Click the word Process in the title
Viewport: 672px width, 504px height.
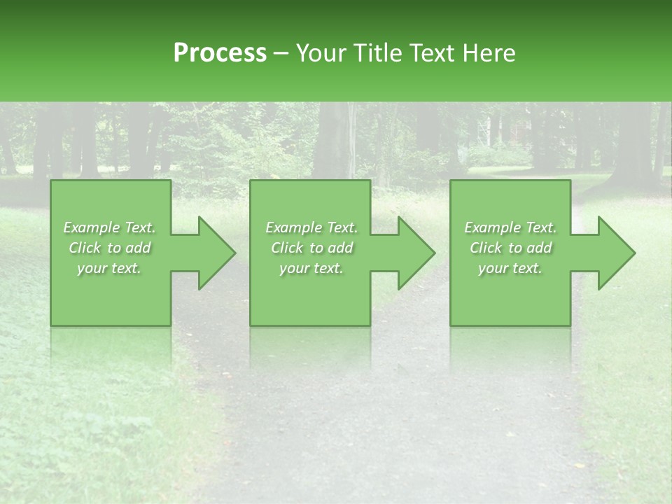coord(220,53)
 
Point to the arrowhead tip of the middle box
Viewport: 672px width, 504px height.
coord(434,253)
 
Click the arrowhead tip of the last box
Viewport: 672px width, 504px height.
coord(634,253)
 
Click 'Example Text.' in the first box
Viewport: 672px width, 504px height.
coord(110,227)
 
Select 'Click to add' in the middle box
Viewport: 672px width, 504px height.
coord(311,248)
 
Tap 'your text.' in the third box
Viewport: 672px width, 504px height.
coord(510,268)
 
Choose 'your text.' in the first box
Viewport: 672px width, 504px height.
coord(110,268)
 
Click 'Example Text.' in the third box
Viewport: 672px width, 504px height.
coord(510,227)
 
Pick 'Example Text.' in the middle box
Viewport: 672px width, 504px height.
coord(311,227)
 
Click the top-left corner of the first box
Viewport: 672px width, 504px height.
coord(51,181)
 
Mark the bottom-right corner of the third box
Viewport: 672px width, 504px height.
coord(570,325)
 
